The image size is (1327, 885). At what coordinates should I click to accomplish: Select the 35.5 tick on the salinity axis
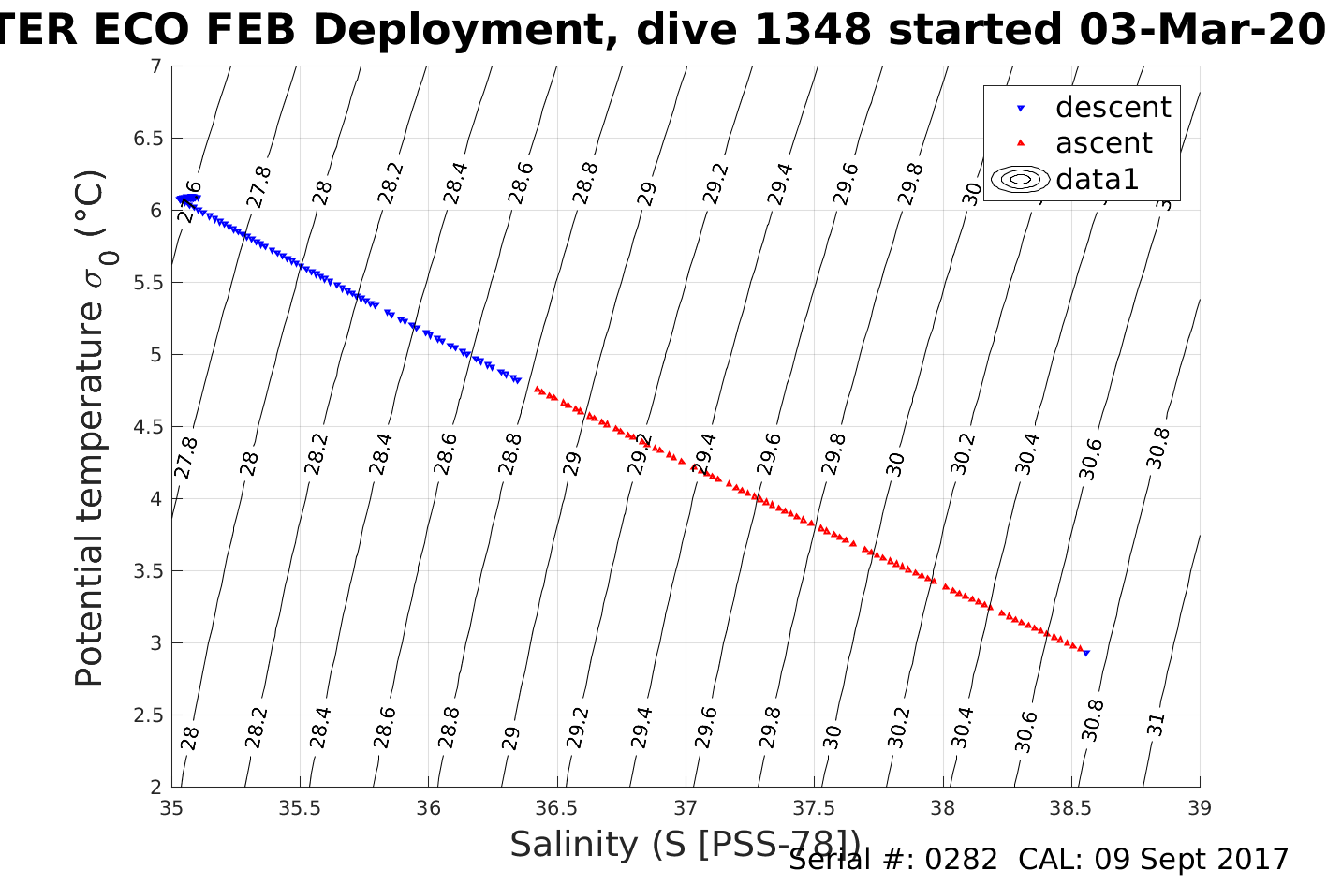click(300, 808)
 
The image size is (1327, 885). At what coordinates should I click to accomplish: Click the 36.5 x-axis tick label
click(557, 808)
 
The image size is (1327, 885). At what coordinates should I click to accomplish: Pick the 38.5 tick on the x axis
click(1071, 808)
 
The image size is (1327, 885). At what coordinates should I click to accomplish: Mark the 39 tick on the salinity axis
click(1200, 808)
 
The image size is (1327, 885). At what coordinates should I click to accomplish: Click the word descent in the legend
click(1113, 108)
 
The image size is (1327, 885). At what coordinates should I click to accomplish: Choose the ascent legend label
click(1103, 143)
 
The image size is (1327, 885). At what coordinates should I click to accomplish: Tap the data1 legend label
click(1097, 179)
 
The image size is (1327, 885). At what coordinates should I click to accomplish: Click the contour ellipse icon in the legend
click(1020, 179)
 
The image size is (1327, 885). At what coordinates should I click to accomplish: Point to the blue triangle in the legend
click(1021, 109)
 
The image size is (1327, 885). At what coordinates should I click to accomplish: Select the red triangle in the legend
click(1021, 143)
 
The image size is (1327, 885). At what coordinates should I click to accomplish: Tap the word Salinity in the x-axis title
click(573, 845)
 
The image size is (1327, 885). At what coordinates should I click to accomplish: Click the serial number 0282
click(961, 860)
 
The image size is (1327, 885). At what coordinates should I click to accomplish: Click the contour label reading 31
click(1157, 724)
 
